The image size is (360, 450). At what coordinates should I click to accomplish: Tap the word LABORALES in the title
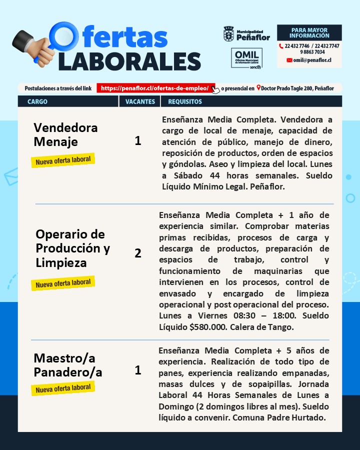(x=129, y=61)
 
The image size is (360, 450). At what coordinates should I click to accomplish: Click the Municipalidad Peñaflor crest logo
(x=228, y=34)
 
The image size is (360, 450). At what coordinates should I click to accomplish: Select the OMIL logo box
(x=246, y=58)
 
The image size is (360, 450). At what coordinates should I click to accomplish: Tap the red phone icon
(x=281, y=46)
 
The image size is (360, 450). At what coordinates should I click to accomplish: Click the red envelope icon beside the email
(x=289, y=60)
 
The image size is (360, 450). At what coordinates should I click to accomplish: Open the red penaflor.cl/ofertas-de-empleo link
(x=155, y=88)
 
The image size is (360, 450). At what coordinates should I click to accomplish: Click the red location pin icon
(x=258, y=88)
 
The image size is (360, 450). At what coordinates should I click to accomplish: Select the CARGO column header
(x=37, y=101)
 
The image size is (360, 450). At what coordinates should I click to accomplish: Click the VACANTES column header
(x=139, y=101)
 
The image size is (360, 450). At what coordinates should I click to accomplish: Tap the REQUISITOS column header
(x=184, y=101)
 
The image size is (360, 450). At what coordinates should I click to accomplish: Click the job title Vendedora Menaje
(x=65, y=134)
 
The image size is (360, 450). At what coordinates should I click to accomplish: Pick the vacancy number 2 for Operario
(x=138, y=253)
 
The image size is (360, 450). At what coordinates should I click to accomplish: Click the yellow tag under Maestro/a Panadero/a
(x=63, y=388)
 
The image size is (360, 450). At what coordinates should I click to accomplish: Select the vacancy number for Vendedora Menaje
(x=138, y=141)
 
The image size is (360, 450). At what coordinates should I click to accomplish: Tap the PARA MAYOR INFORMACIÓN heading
(x=309, y=33)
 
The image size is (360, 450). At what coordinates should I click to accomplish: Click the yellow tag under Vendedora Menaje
(x=63, y=161)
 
